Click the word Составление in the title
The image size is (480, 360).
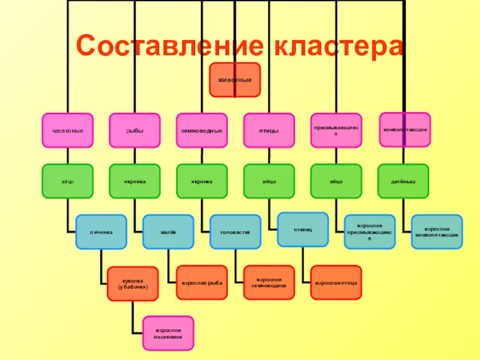pos(168,46)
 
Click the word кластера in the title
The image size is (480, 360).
pos(335,46)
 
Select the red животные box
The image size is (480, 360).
pos(235,80)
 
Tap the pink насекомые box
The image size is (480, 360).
pos(67,130)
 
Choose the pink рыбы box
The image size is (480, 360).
pos(134,130)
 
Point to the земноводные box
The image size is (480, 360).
pos(202,130)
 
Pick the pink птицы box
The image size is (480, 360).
pos(269,130)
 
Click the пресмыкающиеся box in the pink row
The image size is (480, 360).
pos(336,130)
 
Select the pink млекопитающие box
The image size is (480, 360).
pos(405,130)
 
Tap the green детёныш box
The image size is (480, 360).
pos(403,181)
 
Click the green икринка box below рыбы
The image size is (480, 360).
pos(134,181)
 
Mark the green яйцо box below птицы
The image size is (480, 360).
pos(269,181)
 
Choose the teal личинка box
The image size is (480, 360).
pos(101,232)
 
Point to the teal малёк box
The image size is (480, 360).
pos(168,232)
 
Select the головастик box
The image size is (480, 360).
pos(235,232)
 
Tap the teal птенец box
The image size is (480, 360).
pos(302,229)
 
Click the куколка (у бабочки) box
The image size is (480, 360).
pos(133,283)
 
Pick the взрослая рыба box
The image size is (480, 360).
pos(202,282)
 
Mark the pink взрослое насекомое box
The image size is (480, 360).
pos(168,333)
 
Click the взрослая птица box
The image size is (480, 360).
pos(336,282)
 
